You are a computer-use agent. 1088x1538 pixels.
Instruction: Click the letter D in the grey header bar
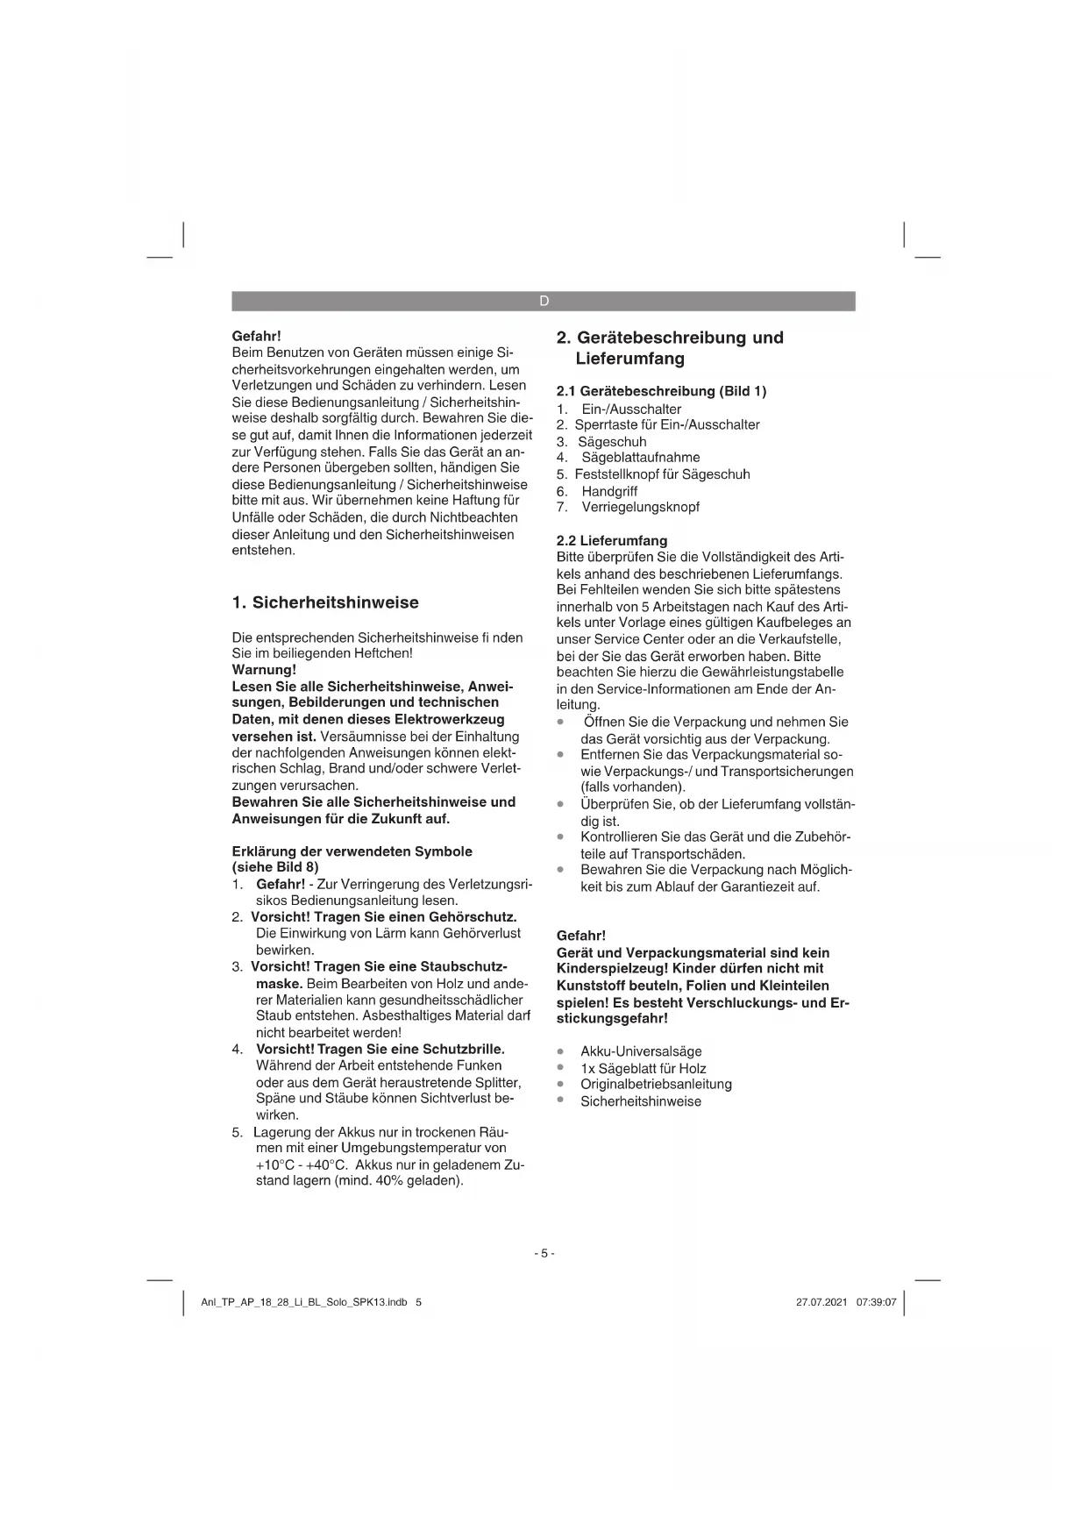pos(544,301)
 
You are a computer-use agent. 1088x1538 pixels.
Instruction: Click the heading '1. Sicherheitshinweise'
pos(325,602)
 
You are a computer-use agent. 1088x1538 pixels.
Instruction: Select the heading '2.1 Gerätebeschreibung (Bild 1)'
pos(661,391)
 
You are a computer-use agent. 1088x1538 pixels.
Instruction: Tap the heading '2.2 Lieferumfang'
pos(612,540)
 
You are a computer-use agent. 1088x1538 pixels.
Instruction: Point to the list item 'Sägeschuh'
pos(612,441)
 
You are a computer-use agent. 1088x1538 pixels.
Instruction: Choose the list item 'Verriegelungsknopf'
pos(640,507)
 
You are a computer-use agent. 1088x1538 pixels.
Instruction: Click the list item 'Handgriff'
pos(609,491)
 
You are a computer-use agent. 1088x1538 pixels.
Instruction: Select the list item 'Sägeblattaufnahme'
pos(640,457)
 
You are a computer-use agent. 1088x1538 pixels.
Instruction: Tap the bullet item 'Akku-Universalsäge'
pos(641,1051)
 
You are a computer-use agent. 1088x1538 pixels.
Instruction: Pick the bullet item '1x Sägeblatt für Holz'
pos(643,1068)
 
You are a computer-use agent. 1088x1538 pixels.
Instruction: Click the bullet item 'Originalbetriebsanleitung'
pos(656,1084)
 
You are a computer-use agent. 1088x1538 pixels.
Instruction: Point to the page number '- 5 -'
pos(544,1253)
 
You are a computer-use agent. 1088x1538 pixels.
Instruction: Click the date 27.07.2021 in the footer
pos(821,1302)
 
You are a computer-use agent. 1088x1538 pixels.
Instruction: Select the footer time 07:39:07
pos(876,1302)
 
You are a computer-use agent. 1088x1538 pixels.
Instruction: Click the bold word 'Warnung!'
pos(264,669)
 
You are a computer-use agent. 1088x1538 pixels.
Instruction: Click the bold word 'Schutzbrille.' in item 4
pos(464,1049)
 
